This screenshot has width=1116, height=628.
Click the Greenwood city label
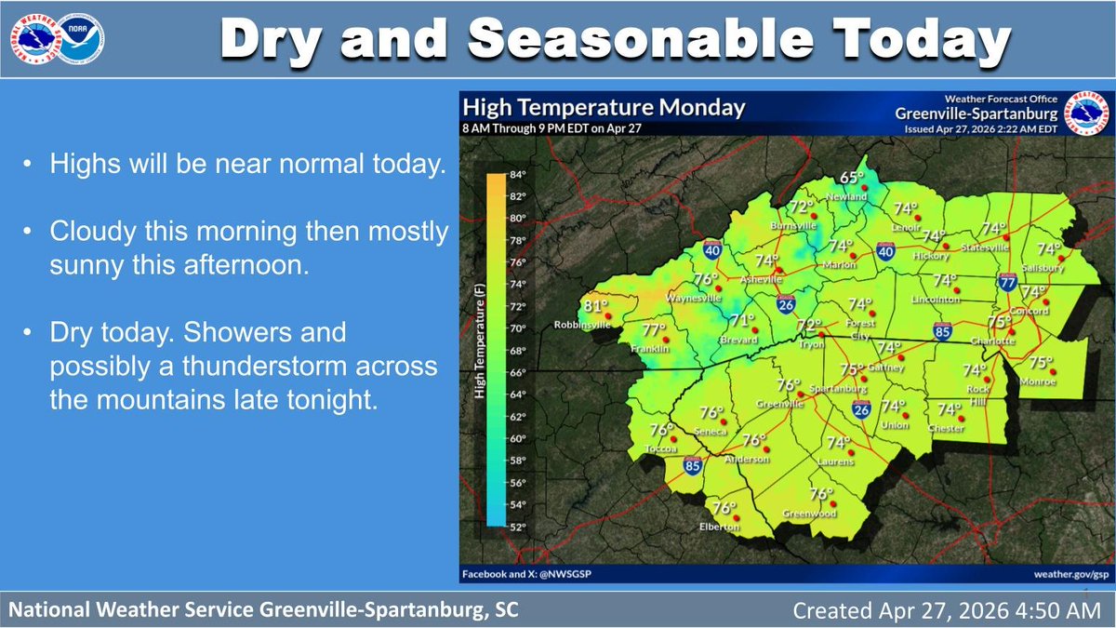[809, 514]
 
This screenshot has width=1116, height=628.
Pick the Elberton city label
[720, 527]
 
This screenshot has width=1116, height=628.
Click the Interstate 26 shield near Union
[861, 408]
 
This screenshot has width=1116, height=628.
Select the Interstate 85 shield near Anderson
[692, 465]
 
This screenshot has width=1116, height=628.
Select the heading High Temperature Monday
[604, 107]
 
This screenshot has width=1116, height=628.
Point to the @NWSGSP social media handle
[566, 574]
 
